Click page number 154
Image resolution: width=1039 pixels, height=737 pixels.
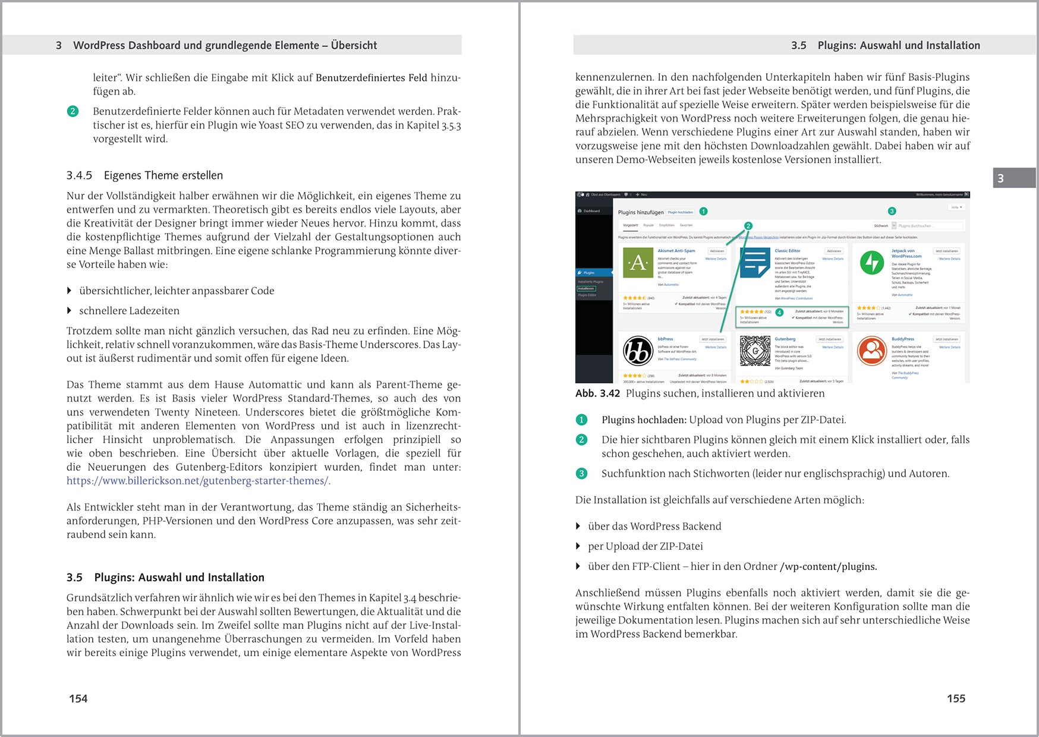click(x=78, y=698)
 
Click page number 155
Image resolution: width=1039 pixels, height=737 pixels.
click(x=956, y=698)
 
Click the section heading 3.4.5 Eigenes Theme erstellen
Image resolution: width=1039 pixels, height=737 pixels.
click(x=144, y=175)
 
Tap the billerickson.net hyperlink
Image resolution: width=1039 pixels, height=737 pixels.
click(x=198, y=481)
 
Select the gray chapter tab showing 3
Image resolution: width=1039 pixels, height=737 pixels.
click(x=1013, y=178)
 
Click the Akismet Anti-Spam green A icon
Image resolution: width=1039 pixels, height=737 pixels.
click(x=638, y=263)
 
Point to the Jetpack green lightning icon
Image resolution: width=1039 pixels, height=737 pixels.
click(x=872, y=263)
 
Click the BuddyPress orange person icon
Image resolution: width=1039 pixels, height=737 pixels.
click(x=872, y=351)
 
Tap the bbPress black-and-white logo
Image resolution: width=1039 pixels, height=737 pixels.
click(x=638, y=351)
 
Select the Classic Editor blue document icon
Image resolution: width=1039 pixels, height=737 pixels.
click(x=755, y=263)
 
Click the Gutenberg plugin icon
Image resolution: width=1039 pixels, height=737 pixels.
click(x=755, y=351)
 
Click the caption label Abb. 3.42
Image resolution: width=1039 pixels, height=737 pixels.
click(x=597, y=393)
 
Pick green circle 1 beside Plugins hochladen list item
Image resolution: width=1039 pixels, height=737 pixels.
click(x=581, y=420)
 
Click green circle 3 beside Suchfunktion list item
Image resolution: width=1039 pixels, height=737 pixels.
click(x=581, y=474)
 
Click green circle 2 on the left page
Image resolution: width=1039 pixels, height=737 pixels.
click(x=73, y=111)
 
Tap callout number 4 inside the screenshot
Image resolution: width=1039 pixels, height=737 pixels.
click(x=779, y=313)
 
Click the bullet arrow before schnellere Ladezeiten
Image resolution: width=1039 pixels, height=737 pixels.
click(x=70, y=311)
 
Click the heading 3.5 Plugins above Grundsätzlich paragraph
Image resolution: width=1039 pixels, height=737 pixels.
click(x=165, y=578)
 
